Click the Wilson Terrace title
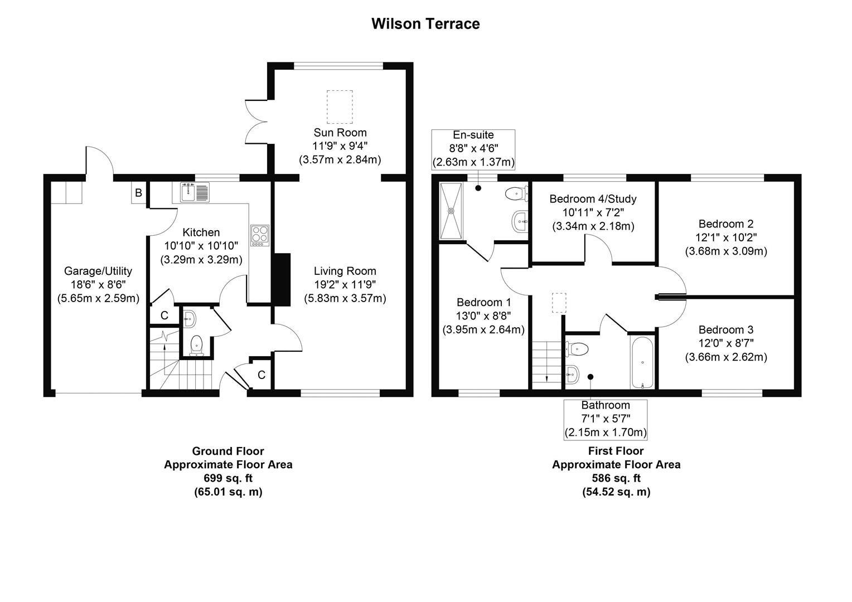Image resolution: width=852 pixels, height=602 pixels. pyautogui.click(x=425, y=24)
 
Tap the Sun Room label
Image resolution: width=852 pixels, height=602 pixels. pyautogui.click(x=340, y=133)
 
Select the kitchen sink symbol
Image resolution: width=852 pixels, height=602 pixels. pyautogui.click(x=194, y=192)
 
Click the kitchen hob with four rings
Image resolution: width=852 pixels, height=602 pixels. pyautogui.click(x=260, y=235)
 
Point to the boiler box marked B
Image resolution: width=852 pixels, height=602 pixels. pyautogui.click(x=139, y=193)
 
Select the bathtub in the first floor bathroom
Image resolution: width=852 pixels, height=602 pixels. pyautogui.click(x=643, y=362)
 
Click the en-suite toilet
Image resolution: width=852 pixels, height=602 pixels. pyautogui.click(x=516, y=193)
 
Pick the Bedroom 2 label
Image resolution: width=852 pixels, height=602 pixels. pyautogui.click(x=725, y=224)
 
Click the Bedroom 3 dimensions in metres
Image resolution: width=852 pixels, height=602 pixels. pyautogui.click(x=725, y=357)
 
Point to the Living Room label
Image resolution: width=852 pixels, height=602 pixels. pyautogui.click(x=345, y=271)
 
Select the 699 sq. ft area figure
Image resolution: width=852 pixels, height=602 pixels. pyautogui.click(x=227, y=478)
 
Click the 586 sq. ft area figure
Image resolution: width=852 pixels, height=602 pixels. pyautogui.click(x=616, y=478)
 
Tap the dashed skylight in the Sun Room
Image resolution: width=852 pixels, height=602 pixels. pyautogui.click(x=340, y=106)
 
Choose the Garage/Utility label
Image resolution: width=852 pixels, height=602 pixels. pyautogui.click(x=98, y=271)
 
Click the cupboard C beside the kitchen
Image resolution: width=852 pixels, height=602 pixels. pyautogui.click(x=164, y=315)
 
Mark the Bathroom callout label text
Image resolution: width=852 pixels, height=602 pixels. pyautogui.click(x=605, y=405)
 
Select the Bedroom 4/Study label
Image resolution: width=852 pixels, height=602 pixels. pyautogui.click(x=593, y=199)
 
